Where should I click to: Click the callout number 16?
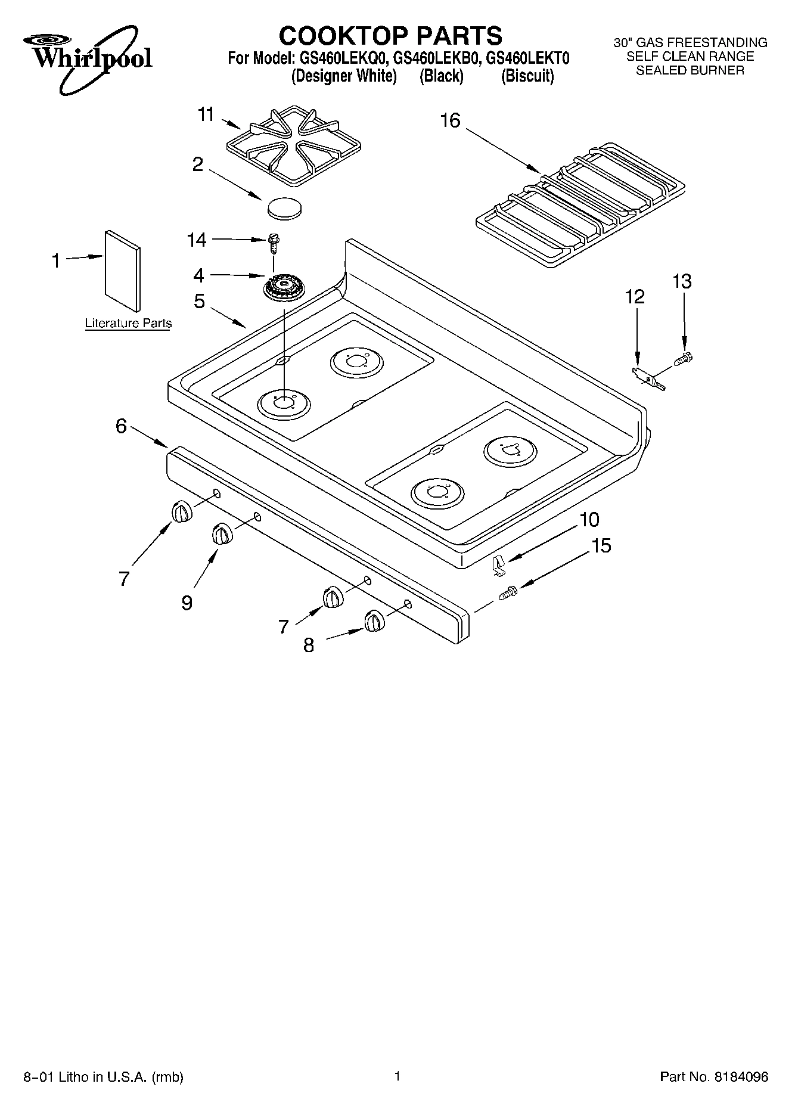point(451,121)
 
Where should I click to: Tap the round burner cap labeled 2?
point(285,209)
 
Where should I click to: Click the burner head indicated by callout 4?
point(284,289)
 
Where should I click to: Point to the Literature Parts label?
point(128,324)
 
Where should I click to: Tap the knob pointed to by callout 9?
point(222,533)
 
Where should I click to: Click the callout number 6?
point(122,426)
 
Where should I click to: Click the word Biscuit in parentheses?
point(528,77)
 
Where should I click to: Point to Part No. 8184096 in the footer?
point(713,1077)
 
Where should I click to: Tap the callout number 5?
point(199,302)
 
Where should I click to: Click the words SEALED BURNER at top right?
point(690,70)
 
